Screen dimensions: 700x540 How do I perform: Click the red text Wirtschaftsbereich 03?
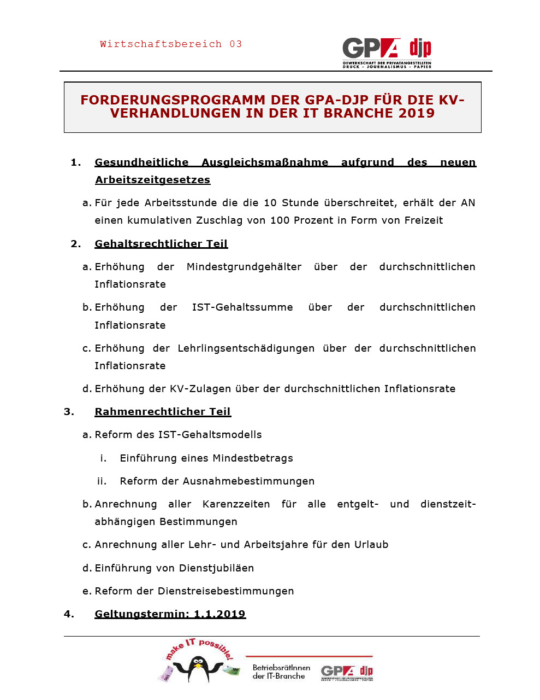pos(170,44)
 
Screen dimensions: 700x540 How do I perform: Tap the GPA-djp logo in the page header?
pos(387,52)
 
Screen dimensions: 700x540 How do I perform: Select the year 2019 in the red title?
pos(417,113)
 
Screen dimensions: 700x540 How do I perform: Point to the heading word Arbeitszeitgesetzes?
pos(152,180)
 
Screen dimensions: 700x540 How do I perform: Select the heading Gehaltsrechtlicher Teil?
pos(161,244)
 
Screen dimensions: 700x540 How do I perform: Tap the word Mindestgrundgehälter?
pos(244,267)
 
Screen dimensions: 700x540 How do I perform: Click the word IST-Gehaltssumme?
pos(242,307)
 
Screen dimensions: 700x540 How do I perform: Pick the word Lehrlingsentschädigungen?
pos(246,348)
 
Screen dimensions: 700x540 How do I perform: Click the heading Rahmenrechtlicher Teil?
pos(163,412)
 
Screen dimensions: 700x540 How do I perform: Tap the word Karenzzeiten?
pos(236,504)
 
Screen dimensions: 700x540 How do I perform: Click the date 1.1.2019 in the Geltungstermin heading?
pos(219,614)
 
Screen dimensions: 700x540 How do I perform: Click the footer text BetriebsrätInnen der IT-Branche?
pos(281,672)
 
